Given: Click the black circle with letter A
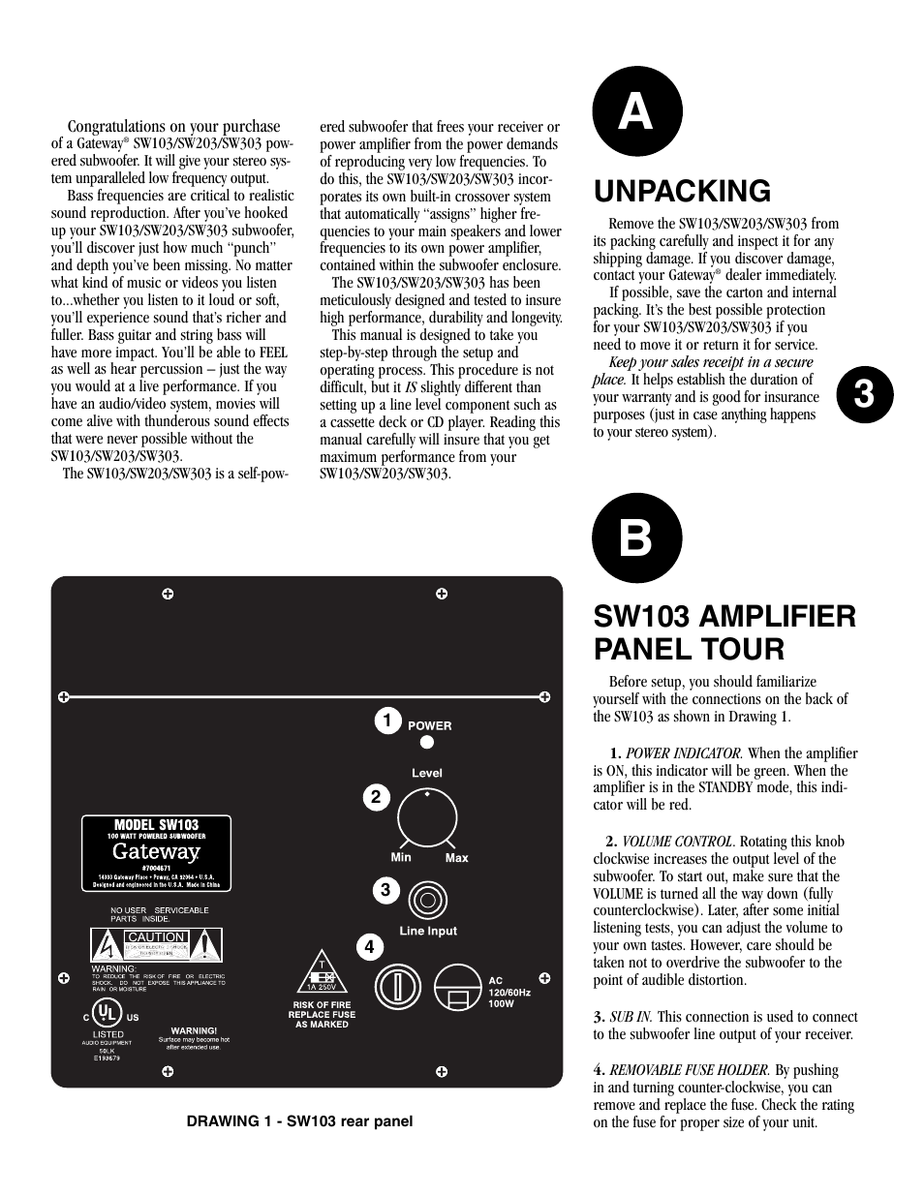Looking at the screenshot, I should pyautogui.click(x=636, y=111).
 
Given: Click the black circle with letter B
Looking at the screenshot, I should pyautogui.click(x=636, y=538).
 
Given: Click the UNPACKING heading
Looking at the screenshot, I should pyautogui.click(x=682, y=191).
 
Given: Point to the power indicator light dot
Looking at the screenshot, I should pyautogui.click(x=426, y=743).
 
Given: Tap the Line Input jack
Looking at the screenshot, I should pyautogui.click(x=427, y=901).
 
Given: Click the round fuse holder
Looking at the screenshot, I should pyautogui.click(x=397, y=987).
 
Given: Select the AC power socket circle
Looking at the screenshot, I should pyautogui.click(x=458, y=989).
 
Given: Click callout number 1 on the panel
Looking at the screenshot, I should pyautogui.click(x=386, y=721).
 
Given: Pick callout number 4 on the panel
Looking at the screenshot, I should pyautogui.click(x=369, y=947).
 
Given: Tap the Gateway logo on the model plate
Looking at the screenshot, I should pyautogui.click(x=155, y=852).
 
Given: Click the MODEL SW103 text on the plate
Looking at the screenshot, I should pyautogui.click(x=156, y=825).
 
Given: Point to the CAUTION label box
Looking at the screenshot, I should pyautogui.click(x=156, y=937).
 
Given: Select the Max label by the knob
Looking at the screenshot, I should pyautogui.click(x=456, y=858).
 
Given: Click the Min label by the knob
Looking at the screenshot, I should pyautogui.click(x=401, y=857).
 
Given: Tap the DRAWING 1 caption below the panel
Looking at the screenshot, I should pyautogui.click(x=299, y=1121).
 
